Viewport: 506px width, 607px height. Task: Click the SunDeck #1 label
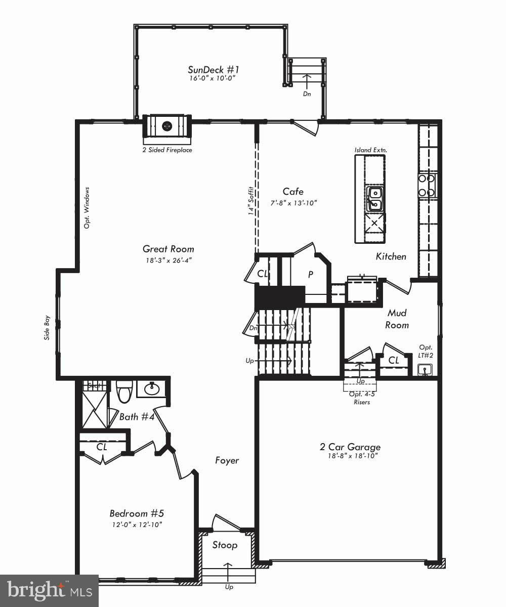coord(213,70)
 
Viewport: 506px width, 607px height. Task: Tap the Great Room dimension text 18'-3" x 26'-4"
coord(167,260)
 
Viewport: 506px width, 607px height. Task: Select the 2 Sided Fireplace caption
coord(167,150)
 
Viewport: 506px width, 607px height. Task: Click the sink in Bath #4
coord(151,389)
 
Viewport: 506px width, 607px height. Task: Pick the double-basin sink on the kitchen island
coord(375,198)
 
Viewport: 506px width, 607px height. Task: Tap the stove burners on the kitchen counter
coord(427,185)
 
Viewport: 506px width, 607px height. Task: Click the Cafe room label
coord(293,192)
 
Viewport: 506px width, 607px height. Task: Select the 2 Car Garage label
coord(350,447)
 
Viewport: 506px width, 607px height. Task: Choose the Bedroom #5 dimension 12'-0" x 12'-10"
coord(137,525)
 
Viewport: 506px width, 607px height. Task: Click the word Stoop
coord(225,545)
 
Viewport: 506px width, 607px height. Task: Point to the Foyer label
coord(227,460)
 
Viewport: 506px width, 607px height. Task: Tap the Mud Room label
coord(397,319)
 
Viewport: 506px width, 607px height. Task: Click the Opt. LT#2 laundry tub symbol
coord(426,370)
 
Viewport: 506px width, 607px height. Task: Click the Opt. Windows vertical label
coord(87,207)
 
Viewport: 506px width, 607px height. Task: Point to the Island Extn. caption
coord(367,150)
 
